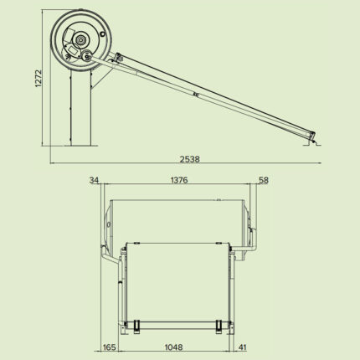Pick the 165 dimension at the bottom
109,346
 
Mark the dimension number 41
243,346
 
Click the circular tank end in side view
79,40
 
